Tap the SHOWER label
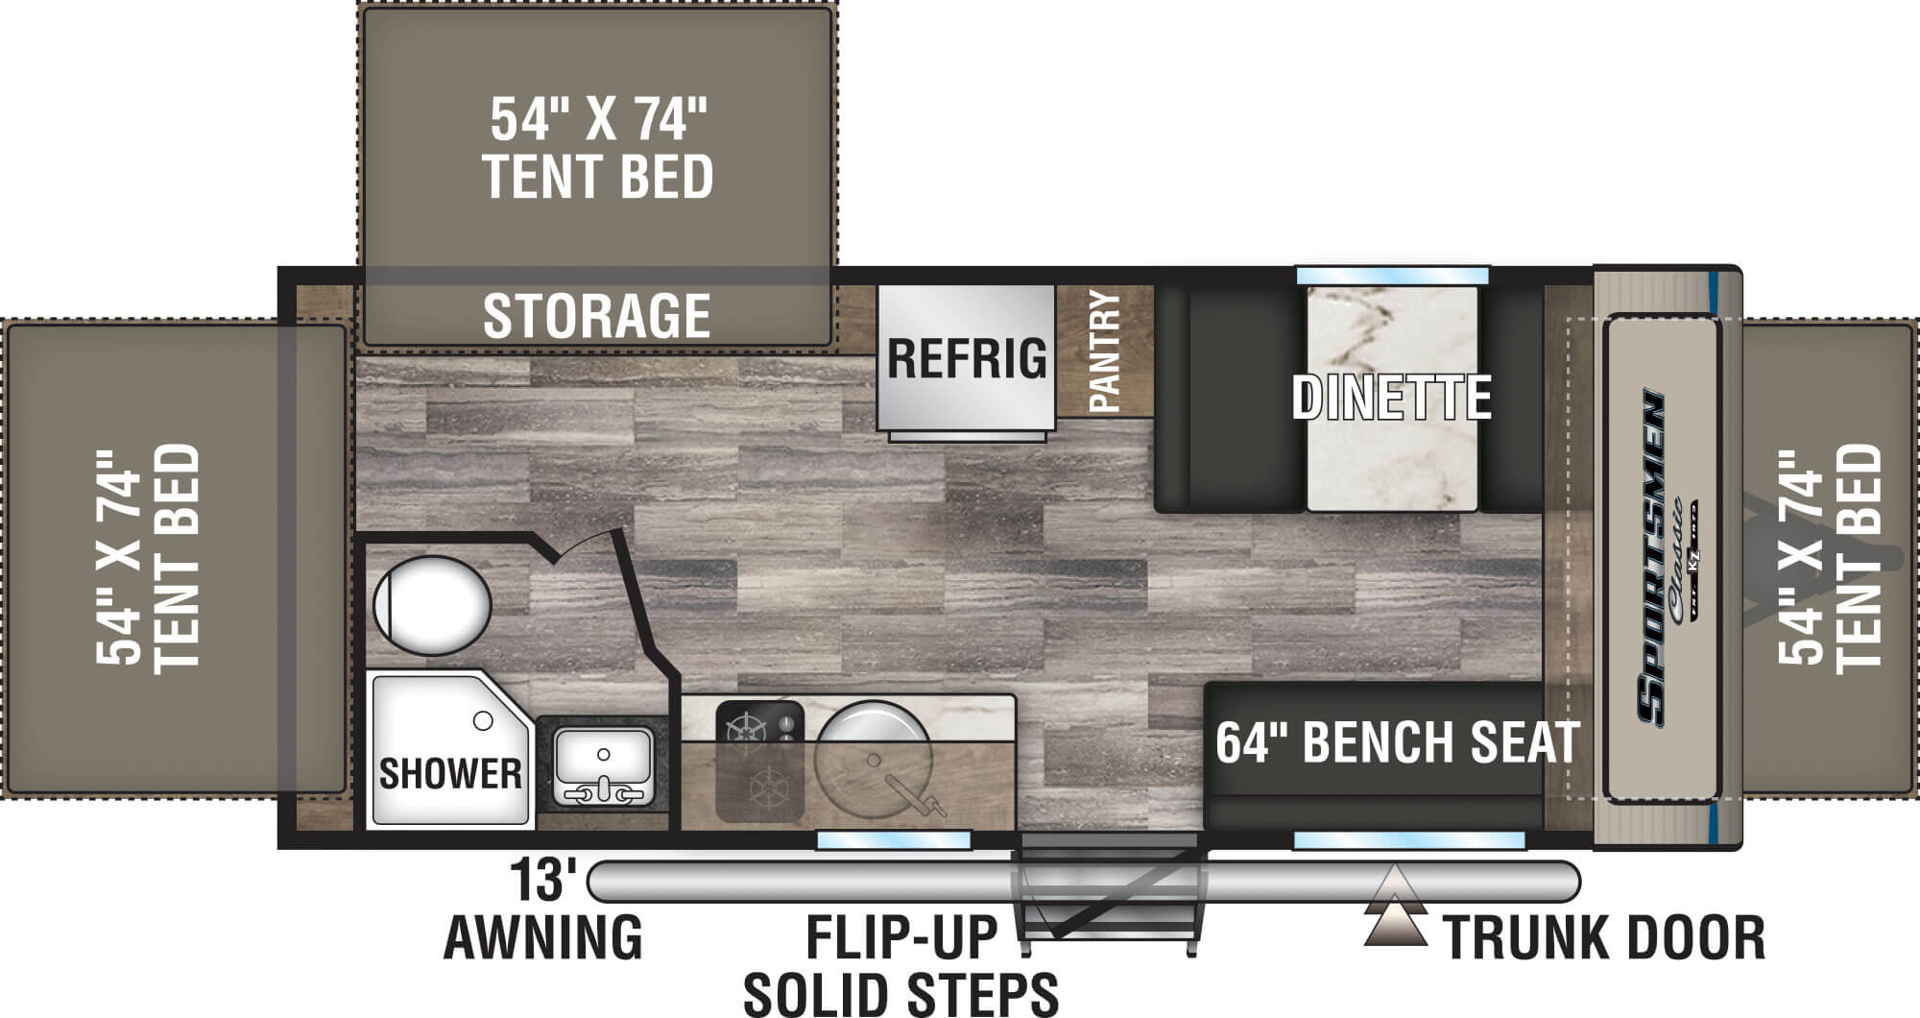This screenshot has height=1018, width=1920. tap(450, 773)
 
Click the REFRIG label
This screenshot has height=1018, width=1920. tap(966, 358)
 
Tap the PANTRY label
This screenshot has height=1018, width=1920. tap(1105, 351)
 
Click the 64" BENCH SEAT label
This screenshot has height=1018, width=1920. tap(1397, 742)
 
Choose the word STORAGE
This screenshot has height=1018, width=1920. tap(596, 316)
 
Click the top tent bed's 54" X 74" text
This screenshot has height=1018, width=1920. tap(598, 120)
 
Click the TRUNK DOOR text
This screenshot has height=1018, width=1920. tap(1604, 937)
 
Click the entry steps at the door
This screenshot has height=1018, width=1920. tap(1109, 888)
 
